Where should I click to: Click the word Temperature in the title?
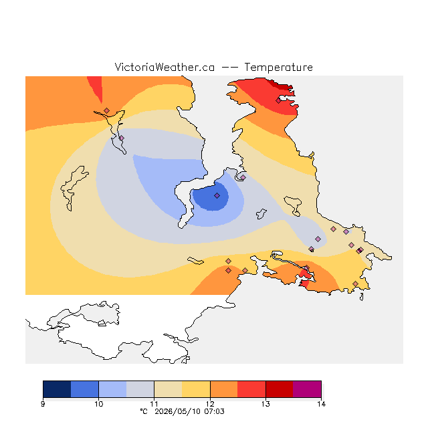[x=278, y=68]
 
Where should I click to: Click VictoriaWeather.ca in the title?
[x=165, y=67]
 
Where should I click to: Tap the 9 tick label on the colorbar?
[x=43, y=404]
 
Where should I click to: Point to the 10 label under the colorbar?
[x=98, y=404]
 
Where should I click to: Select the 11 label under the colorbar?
[x=154, y=404]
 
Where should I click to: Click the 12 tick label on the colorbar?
[x=210, y=404]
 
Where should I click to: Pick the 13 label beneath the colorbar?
[x=265, y=404]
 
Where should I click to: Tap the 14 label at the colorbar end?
[x=321, y=404]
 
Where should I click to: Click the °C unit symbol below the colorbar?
[x=144, y=411]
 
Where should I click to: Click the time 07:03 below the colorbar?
[x=214, y=411]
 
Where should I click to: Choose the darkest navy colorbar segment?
[x=57, y=389]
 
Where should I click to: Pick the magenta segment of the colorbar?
[x=307, y=389]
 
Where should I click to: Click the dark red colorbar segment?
[x=280, y=389]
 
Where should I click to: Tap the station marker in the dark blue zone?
[x=217, y=195]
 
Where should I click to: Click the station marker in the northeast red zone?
[x=278, y=101]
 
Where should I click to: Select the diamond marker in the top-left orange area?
[x=107, y=110]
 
